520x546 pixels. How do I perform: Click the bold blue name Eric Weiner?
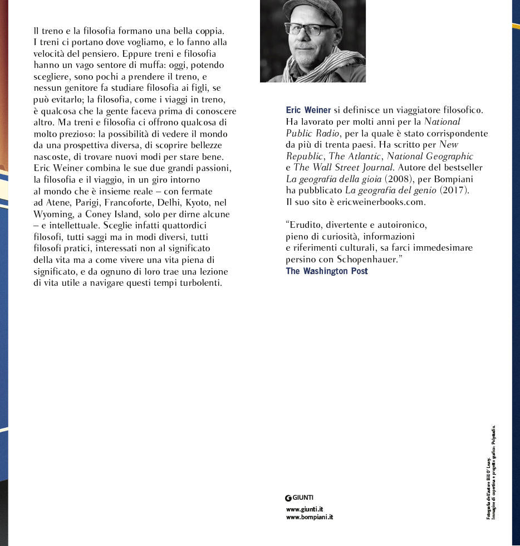click(308, 110)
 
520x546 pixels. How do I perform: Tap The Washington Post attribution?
click(327, 271)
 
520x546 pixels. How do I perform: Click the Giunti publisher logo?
click(299, 498)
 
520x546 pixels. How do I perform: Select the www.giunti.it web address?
click(305, 509)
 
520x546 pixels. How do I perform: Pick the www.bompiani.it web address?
click(309, 517)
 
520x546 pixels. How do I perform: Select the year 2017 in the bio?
click(455, 191)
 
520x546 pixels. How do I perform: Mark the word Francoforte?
click(124, 202)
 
